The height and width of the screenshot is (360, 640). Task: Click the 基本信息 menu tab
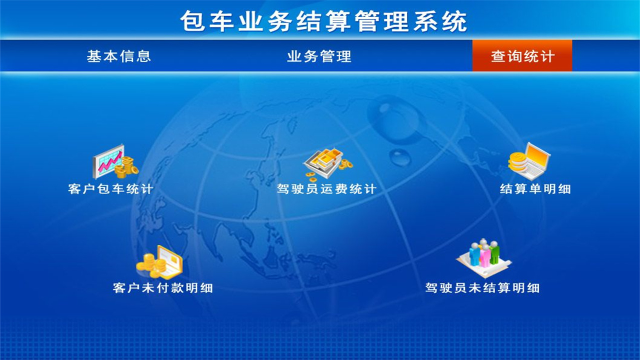click(119, 56)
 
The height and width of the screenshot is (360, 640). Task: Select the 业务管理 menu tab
click(319, 56)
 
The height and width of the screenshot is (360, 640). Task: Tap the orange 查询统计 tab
click(522, 56)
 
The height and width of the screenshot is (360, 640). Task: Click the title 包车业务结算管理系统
click(324, 21)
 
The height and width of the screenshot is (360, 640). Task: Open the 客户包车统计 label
click(110, 189)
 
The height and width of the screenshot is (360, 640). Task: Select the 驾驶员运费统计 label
click(326, 189)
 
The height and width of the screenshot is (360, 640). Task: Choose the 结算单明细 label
click(535, 189)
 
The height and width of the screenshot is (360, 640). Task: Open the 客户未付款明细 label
click(163, 288)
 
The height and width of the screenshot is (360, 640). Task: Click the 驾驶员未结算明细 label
click(482, 288)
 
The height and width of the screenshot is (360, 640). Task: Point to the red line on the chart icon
click(109, 162)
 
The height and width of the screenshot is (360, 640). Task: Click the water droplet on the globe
click(399, 156)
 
